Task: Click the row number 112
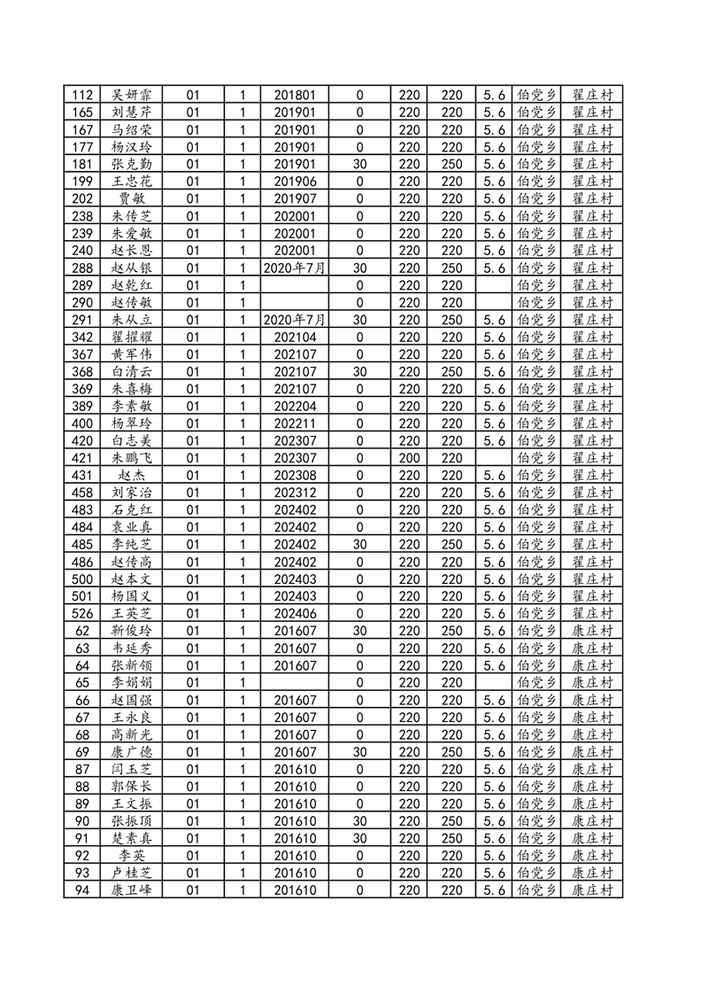[x=83, y=95]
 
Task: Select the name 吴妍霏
[x=131, y=95]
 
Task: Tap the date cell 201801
[x=295, y=95]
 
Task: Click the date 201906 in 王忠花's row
[x=295, y=182]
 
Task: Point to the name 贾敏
[x=131, y=198]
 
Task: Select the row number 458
[x=83, y=493]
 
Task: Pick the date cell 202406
[x=295, y=614]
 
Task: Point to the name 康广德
[x=131, y=752]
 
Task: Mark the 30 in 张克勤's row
[x=359, y=164]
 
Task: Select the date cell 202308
[x=295, y=476]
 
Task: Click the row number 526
[x=83, y=614]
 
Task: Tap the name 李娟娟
[x=131, y=683]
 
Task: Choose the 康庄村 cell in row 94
[x=592, y=890]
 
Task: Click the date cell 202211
[x=295, y=423]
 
